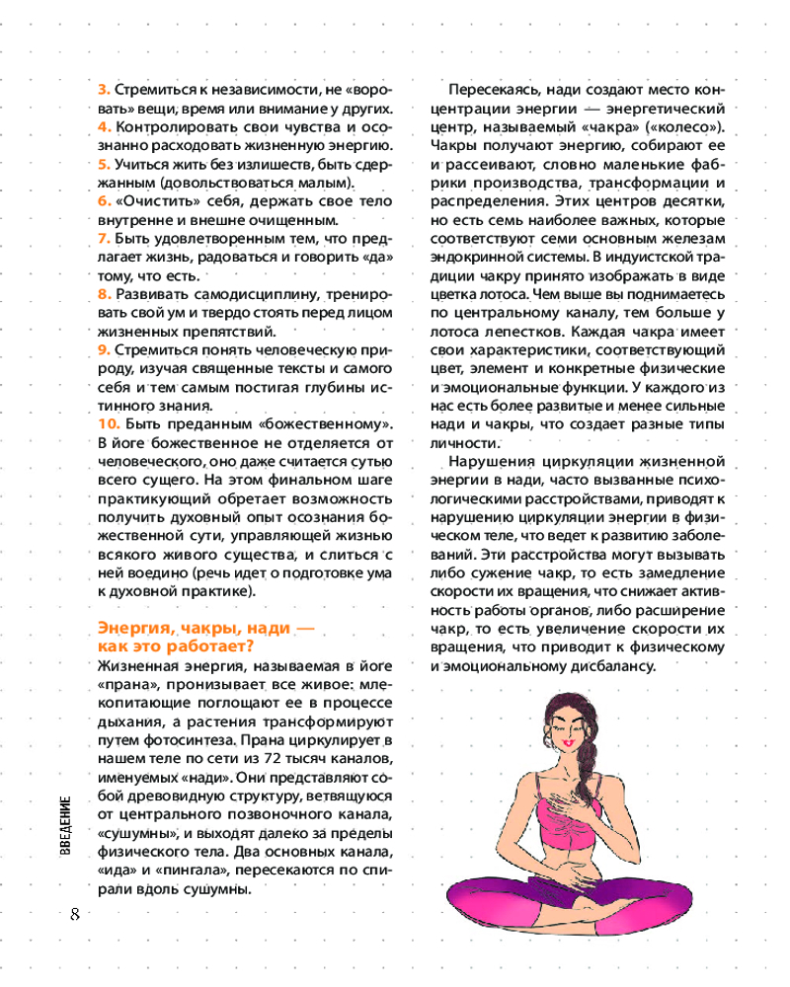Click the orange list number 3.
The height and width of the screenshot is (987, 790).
(x=102, y=87)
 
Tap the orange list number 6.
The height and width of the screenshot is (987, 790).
(x=102, y=200)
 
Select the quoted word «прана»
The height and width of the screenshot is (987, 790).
(x=128, y=684)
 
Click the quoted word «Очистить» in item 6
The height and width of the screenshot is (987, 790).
(x=148, y=200)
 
